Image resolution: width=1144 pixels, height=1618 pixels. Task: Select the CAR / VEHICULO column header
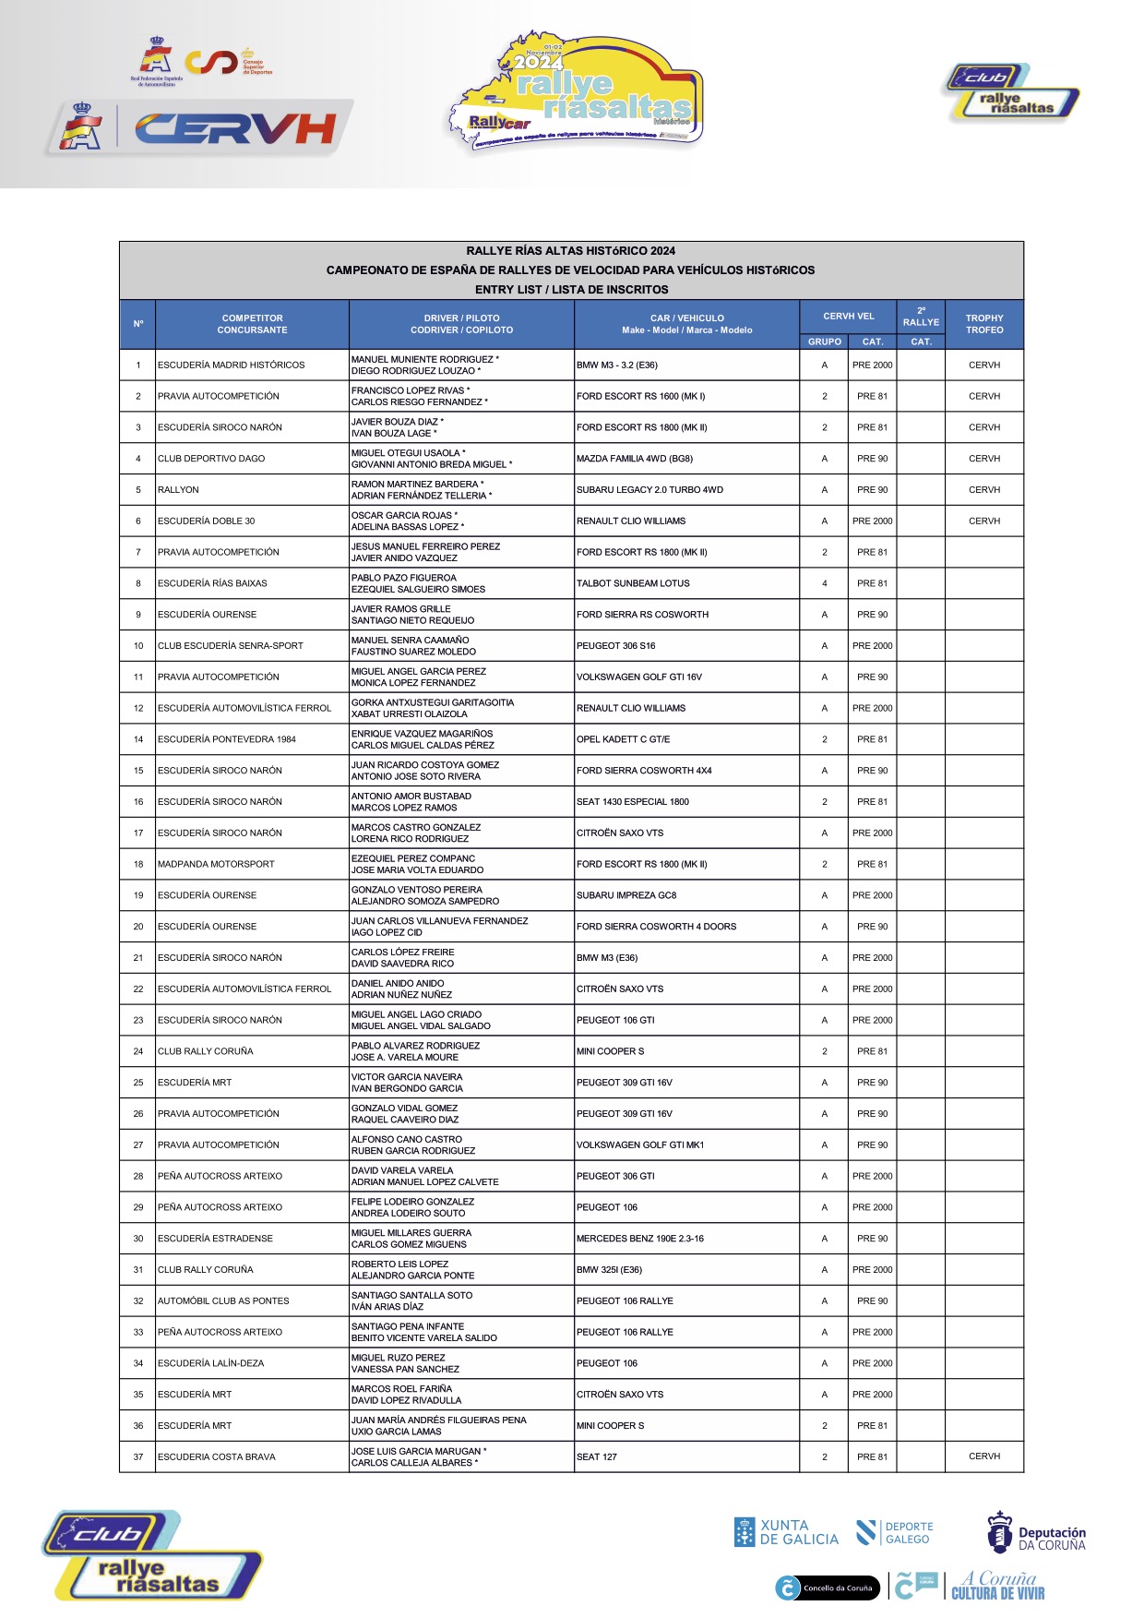686,324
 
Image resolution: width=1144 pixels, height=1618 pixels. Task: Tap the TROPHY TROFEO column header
983,324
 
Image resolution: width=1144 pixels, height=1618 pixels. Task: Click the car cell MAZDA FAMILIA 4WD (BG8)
635,459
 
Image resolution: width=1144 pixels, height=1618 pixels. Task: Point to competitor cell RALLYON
179,490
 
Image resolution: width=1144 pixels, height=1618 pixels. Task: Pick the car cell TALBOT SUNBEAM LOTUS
633,583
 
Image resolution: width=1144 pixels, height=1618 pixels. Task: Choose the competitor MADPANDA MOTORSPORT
217,864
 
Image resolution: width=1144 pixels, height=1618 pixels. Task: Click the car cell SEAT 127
597,1456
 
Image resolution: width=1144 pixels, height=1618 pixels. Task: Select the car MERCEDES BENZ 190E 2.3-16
640,1239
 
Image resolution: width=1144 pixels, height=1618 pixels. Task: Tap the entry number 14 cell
138,739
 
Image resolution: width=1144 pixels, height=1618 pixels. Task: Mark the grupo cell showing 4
825,583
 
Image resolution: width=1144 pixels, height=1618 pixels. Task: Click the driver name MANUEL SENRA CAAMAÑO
410,640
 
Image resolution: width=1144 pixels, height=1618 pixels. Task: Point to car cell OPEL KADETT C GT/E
624,739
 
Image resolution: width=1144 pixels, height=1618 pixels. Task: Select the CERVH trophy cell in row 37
983,1456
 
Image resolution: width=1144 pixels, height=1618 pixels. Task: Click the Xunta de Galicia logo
786,1532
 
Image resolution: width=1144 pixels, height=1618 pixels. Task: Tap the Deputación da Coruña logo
1036,1533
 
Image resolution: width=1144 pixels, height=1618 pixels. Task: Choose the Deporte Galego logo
894,1533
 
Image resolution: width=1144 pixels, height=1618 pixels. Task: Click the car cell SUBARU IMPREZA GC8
626,895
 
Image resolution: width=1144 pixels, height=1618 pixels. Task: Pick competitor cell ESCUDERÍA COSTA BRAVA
217,1456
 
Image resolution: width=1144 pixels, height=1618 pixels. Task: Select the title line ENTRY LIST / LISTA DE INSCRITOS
571,290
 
